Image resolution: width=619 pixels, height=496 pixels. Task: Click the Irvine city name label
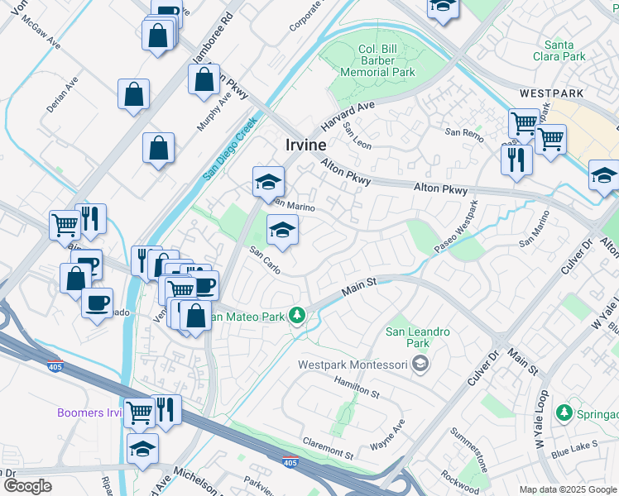305,144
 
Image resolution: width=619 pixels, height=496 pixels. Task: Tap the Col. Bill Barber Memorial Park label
379,61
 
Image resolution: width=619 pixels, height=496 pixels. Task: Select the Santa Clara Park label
565,50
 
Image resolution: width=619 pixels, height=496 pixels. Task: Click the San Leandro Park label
418,337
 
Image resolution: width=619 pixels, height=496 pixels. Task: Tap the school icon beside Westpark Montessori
420,365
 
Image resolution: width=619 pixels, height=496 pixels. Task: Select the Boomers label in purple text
90,413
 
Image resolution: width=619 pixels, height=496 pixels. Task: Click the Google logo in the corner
27,486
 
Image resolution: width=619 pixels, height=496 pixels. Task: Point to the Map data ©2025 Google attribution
566,489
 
